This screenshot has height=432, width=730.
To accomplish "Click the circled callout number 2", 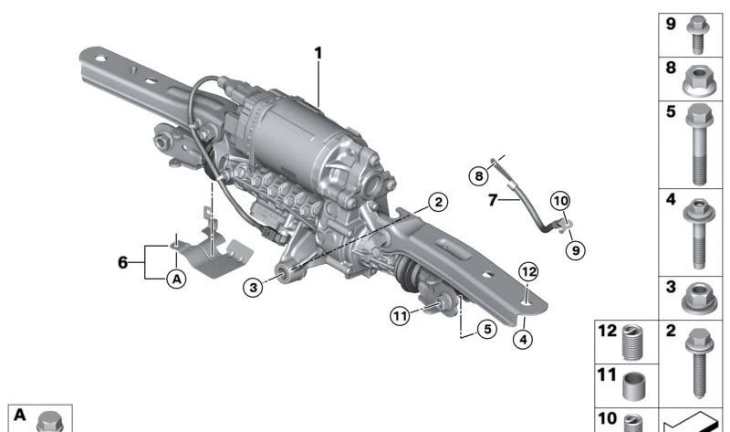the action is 438,202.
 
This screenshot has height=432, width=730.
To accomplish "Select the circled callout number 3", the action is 254,287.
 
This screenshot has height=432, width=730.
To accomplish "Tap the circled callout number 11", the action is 400,316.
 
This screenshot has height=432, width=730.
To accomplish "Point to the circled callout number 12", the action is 528,271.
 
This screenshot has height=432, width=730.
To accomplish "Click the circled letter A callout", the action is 176,279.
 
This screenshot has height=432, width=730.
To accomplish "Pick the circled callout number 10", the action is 560,201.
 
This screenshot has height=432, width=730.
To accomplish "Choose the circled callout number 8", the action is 478,176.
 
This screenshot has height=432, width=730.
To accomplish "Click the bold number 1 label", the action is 318,53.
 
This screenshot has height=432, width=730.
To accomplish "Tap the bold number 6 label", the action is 122,262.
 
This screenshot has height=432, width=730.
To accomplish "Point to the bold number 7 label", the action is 493,200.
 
